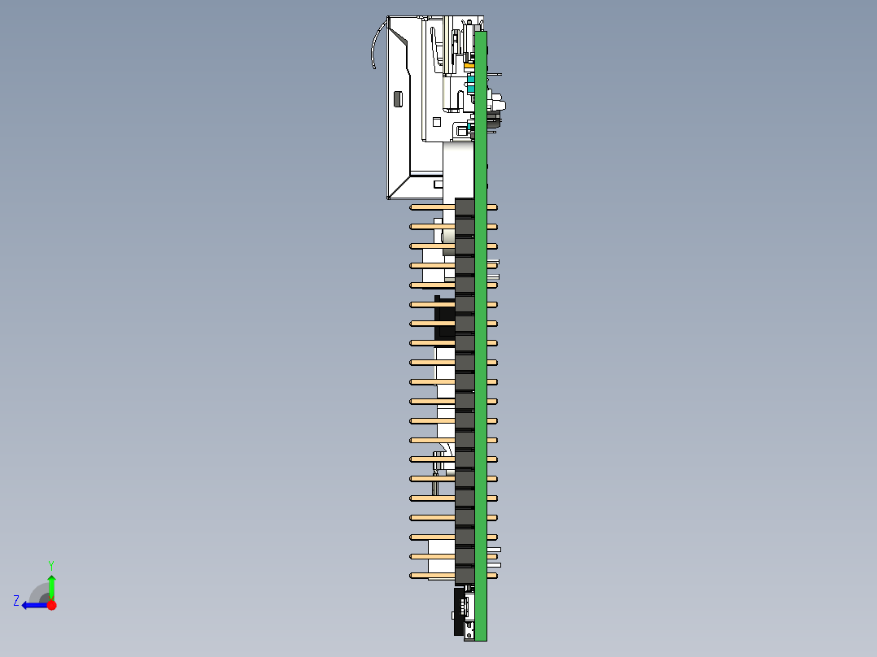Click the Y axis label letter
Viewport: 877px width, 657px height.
click(51, 565)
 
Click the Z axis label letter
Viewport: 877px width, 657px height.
click(16, 601)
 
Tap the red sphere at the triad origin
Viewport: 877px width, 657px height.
click(51, 605)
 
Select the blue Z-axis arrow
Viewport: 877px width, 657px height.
click(35, 605)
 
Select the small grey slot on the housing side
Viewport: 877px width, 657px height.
click(398, 99)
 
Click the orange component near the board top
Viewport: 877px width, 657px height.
click(469, 67)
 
